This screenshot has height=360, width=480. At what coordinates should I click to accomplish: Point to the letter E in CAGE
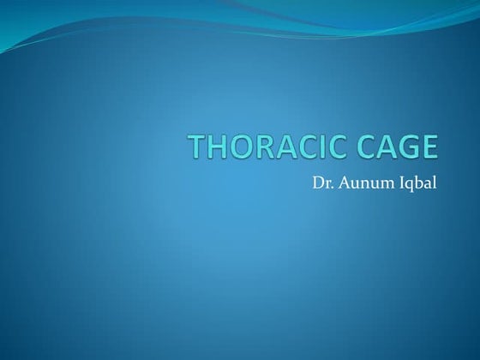(429, 147)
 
